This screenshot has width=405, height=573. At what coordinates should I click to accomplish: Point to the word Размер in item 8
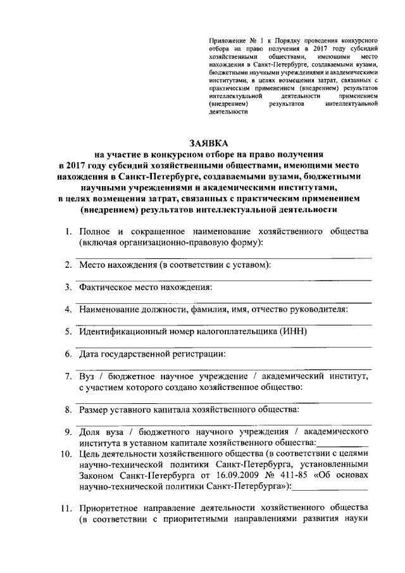click(x=96, y=410)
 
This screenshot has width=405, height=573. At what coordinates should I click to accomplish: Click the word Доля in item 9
click(x=91, y=432)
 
